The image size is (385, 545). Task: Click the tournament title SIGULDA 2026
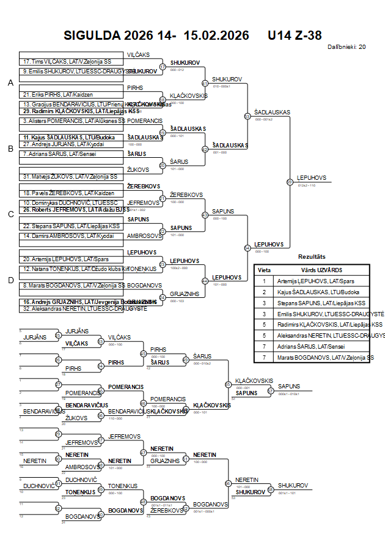pyautogui.click(x=120, y=35)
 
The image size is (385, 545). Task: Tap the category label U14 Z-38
pyautogui.click(x=295, y=35)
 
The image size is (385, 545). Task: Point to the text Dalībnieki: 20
pyautogui.click(x=346, y=46)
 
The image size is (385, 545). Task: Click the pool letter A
pyautogui.click(x=10, y=83)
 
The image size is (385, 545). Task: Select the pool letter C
pyautogui.click(x=10, y=214)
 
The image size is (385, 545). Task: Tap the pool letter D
pyautogui.click(x=10, y=280)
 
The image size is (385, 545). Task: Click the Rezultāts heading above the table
pyautogui.click(x=311, y=257)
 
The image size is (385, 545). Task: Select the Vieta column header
pyautogui.click(x=265, y=270)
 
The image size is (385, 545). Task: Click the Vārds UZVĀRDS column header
pyautogui.click(x=321, y=270)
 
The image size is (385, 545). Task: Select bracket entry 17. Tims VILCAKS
pyautogui.click(x=67, y=62)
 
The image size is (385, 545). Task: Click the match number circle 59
pyautogui.click(x=290, y=182)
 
